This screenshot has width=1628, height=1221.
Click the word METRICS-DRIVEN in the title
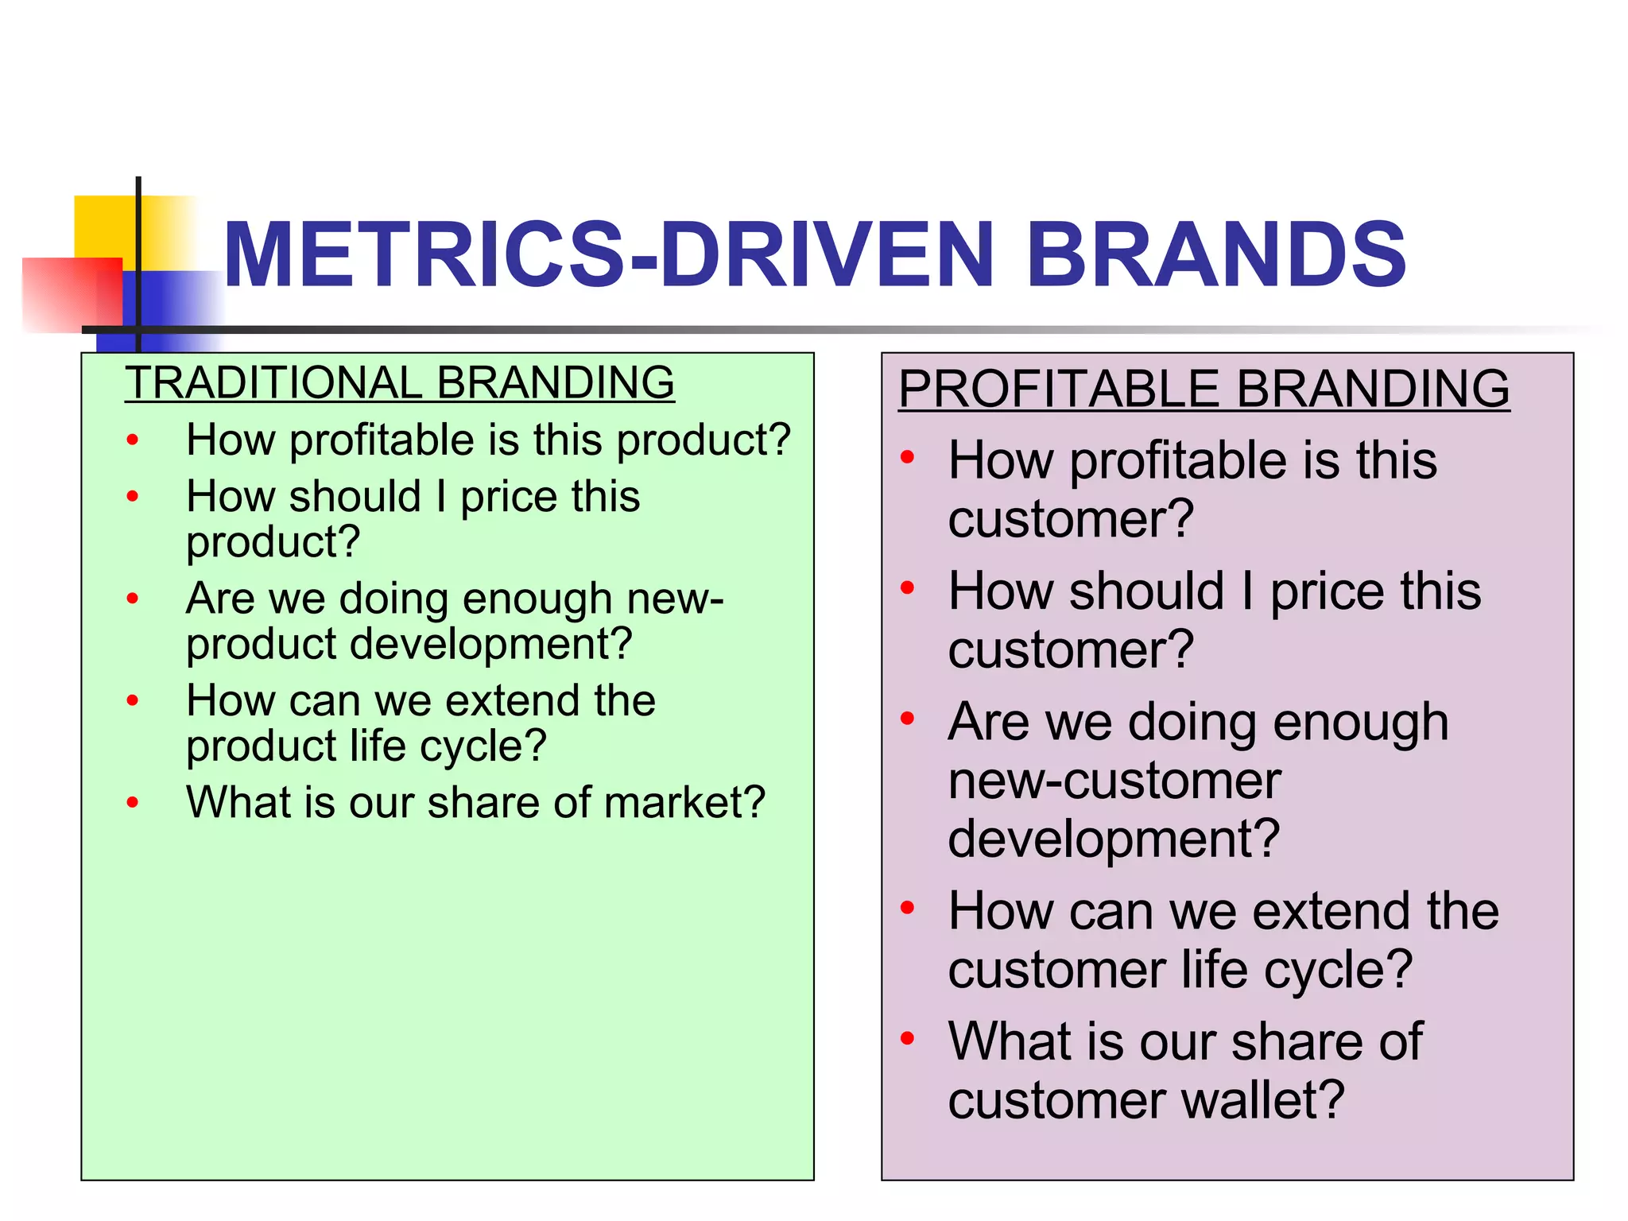[x=608, y=254]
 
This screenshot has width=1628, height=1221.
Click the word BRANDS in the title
[x=1216, y=254]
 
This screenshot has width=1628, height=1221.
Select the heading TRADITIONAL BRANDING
[x=400, y=382]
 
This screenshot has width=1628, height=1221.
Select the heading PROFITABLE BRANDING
[x=1204, y=389]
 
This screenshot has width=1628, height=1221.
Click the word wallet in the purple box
[x=1253, y=1100]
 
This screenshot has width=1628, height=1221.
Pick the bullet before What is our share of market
[x=133, y=803]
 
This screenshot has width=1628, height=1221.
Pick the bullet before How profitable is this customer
[x=908, y=457]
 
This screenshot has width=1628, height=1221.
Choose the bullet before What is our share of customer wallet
[x=908, y=1038]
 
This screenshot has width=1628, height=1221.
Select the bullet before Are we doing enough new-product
[x=133, y=599]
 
